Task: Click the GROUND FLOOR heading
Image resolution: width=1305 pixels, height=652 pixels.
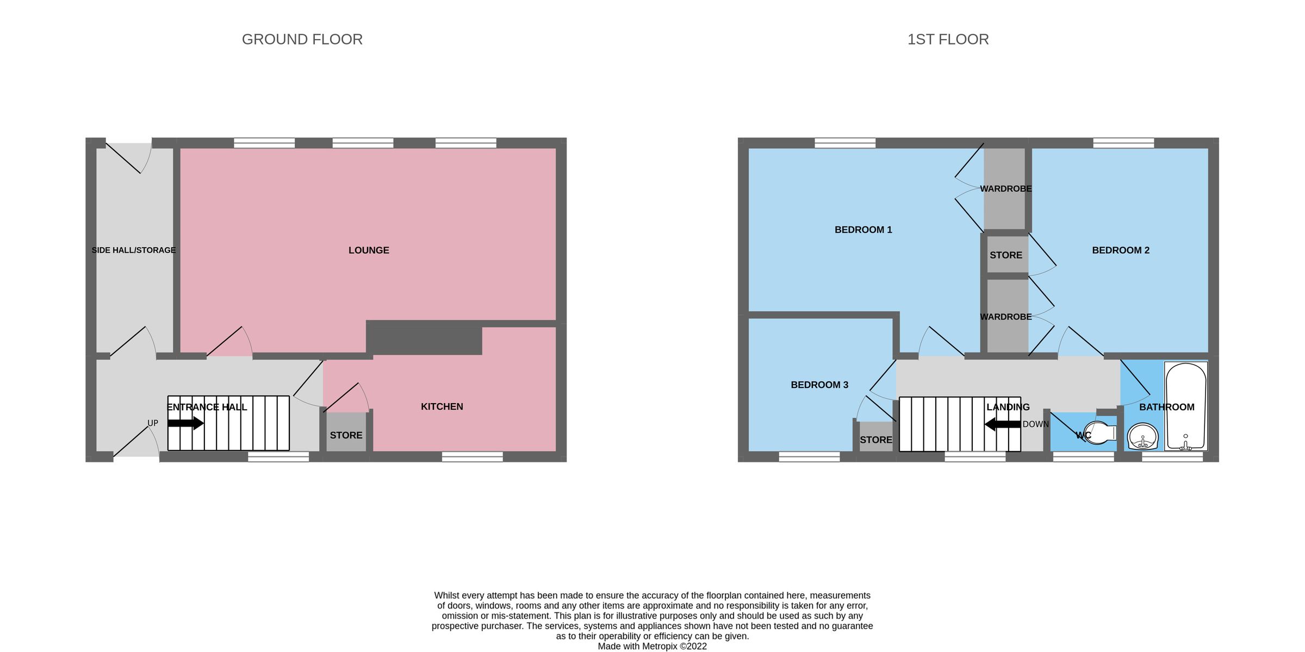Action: click(302, 39)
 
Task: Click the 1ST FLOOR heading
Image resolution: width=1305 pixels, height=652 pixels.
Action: click(948, 39)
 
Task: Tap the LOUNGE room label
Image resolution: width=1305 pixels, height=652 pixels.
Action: click(369, 250)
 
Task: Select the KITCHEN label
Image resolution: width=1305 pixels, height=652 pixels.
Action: click(442, 406)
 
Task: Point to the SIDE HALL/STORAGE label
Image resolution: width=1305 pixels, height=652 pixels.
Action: click(134, 250)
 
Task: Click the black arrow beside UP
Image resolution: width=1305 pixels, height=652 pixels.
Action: click(185, 423)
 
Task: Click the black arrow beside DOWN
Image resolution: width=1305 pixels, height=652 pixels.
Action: click(1002, 424)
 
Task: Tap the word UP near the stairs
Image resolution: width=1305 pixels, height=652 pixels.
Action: click(153, 423)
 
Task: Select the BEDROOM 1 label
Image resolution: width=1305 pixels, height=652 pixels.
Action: click(863, 230)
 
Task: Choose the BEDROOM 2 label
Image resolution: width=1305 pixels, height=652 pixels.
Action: click(1120, 250)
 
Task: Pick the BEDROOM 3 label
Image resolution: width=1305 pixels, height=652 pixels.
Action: click(819, 385)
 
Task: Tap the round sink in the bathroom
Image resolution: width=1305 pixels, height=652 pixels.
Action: click(1142, 436)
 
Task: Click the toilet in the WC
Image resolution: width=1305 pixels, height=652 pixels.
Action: click(1099, 433)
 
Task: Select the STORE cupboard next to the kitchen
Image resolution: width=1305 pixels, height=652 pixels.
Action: click(346, 435)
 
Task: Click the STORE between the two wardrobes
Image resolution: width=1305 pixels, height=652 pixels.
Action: click(1005, 255)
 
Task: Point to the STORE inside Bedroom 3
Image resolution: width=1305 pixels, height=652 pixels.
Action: click(875, 440)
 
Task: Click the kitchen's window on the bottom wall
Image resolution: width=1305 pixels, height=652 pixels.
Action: click(472, 457)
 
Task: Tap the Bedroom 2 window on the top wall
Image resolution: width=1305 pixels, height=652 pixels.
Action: click(1123, 143)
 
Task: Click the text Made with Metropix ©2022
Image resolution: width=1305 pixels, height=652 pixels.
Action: click(652, 646)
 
